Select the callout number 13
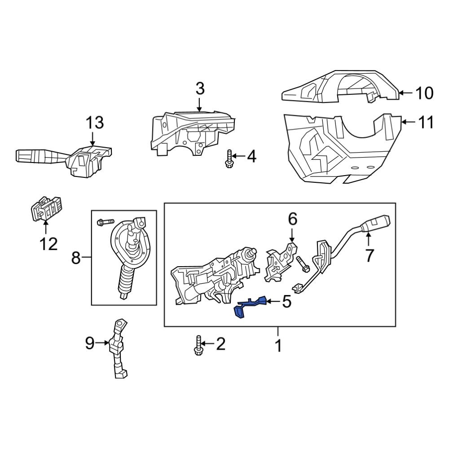pos(95,122)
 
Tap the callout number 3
pos(200,88)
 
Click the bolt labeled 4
pos(229,158)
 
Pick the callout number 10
pos(424,93)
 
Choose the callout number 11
pos(424,122)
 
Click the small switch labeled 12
pos(46,209)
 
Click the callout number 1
pos(278,346)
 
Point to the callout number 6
pos(292,219)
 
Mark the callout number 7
pos(369,255)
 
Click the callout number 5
pos(286,302)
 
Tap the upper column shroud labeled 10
pos(341,88)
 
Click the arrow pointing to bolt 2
pos(208,345)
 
